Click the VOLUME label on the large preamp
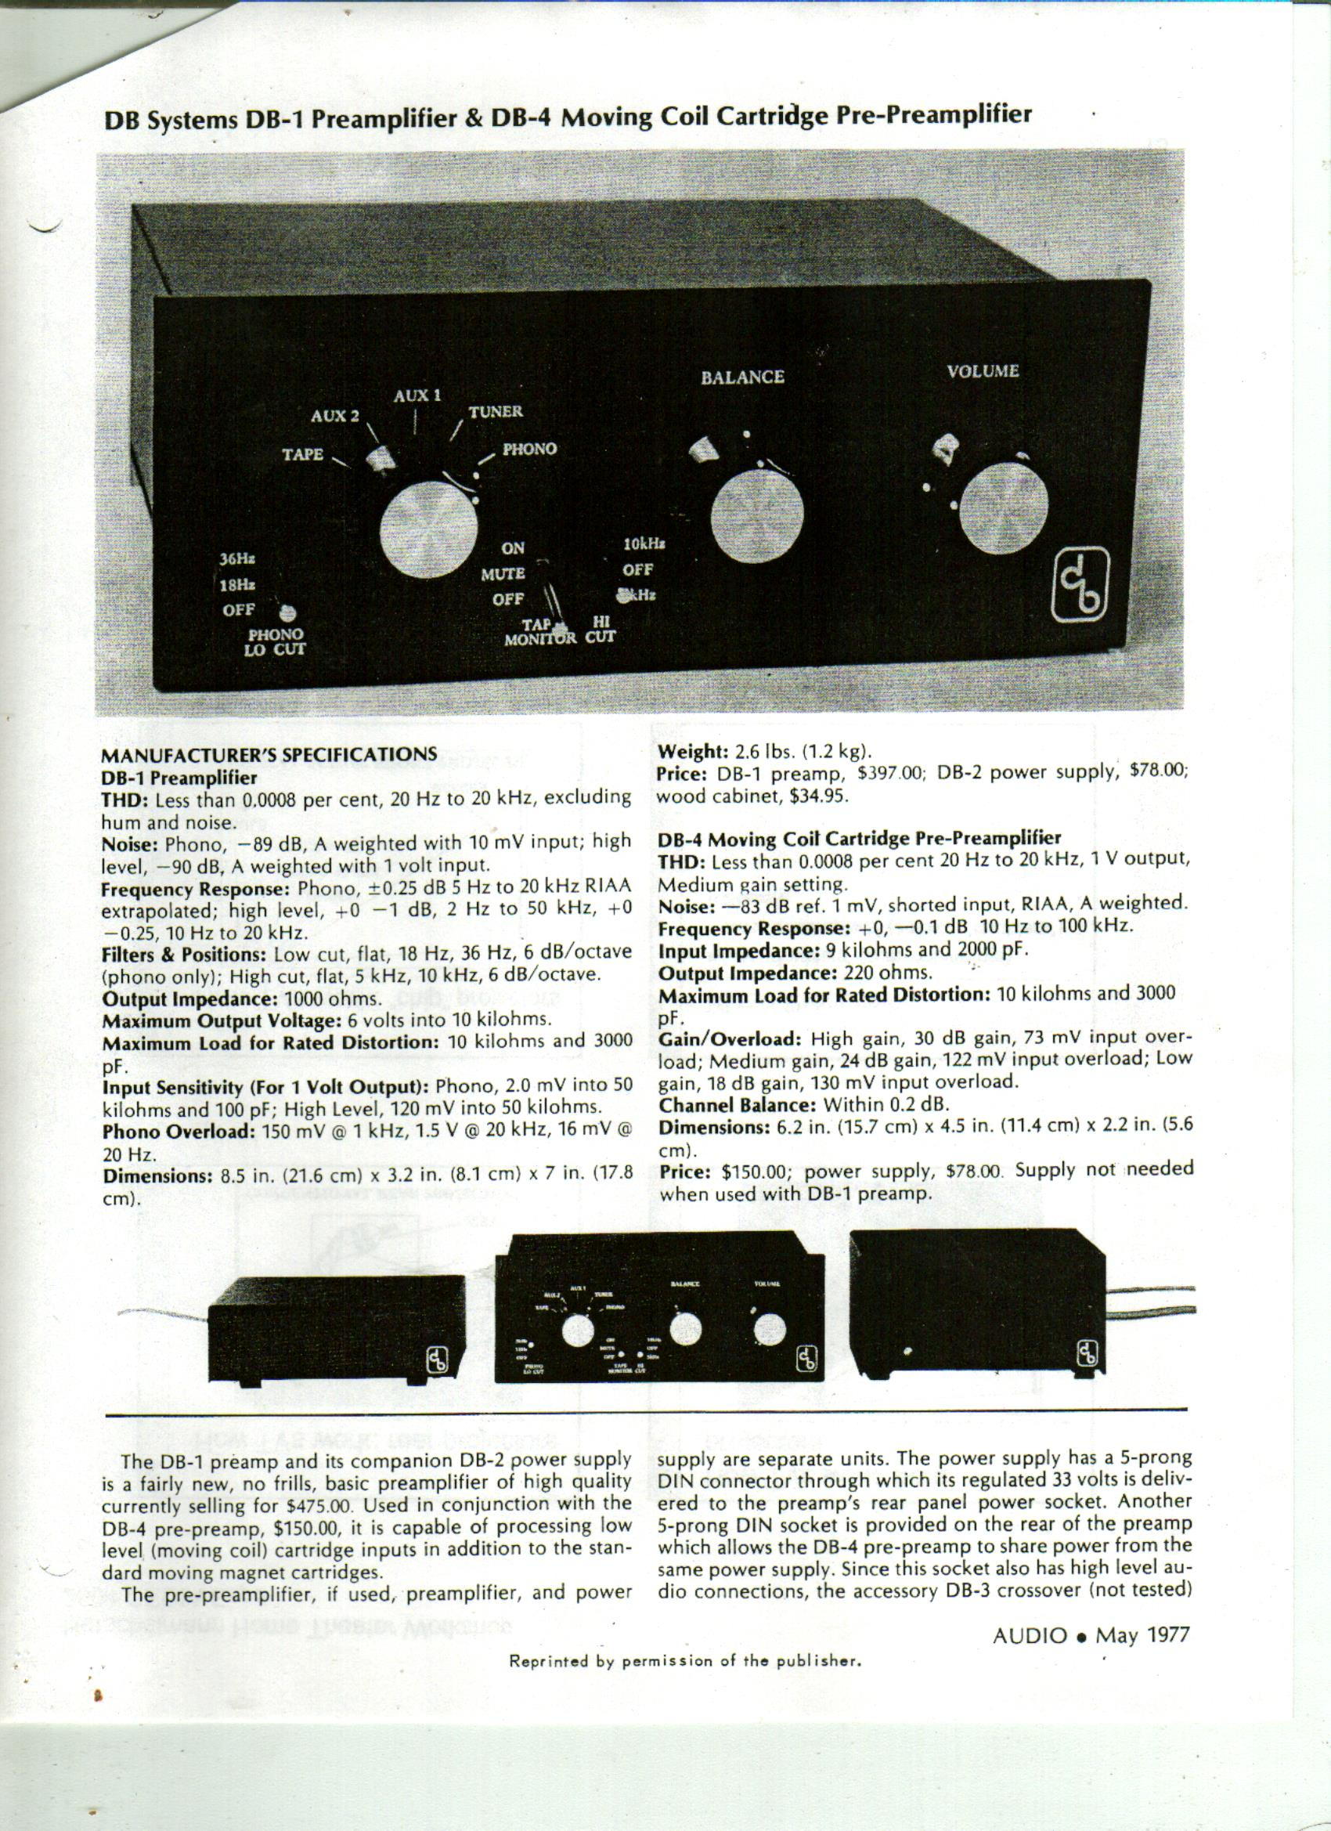click(983, 371)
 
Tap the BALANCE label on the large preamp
click(741, 377)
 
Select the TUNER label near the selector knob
click(496, 412)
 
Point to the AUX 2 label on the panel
click(334, 417)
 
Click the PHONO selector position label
click(529, 449)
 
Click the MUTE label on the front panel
click(503, 574)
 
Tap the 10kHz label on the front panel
click(644, 544)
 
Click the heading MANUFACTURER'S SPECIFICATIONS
click(268, 754)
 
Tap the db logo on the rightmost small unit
click(1088, 1352)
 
